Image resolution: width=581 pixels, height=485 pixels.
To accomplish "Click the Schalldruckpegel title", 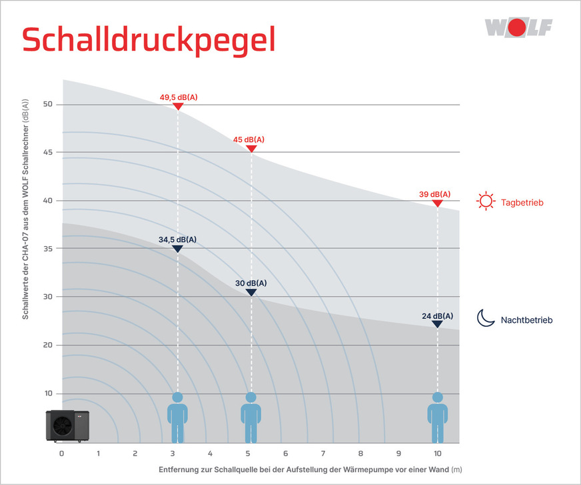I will point(149,40).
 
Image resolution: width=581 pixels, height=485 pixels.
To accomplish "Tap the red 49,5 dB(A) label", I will point(179,97).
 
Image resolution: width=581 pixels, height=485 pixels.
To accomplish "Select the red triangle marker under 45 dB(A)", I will point(251,149).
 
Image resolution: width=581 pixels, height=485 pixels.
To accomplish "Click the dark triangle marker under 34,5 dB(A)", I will point(178,249).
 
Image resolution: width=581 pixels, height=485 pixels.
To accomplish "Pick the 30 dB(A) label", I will point(251,284).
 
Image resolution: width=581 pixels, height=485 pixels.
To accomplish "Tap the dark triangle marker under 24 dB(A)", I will point(437,324).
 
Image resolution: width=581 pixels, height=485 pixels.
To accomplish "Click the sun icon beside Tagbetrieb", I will point(486,201).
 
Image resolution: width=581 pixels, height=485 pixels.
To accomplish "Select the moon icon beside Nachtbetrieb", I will point(484,319).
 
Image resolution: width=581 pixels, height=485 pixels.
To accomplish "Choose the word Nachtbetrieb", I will point(526,320).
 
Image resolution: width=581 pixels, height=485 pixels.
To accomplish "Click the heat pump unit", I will point(67,425).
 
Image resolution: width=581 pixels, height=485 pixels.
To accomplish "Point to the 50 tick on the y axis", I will point(48,105).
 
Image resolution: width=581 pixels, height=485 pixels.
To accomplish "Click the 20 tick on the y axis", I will point(48,345).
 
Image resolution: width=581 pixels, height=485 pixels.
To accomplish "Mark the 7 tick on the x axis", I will point(322,454).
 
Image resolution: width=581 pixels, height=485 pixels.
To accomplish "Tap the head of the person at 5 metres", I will point(251,398).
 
